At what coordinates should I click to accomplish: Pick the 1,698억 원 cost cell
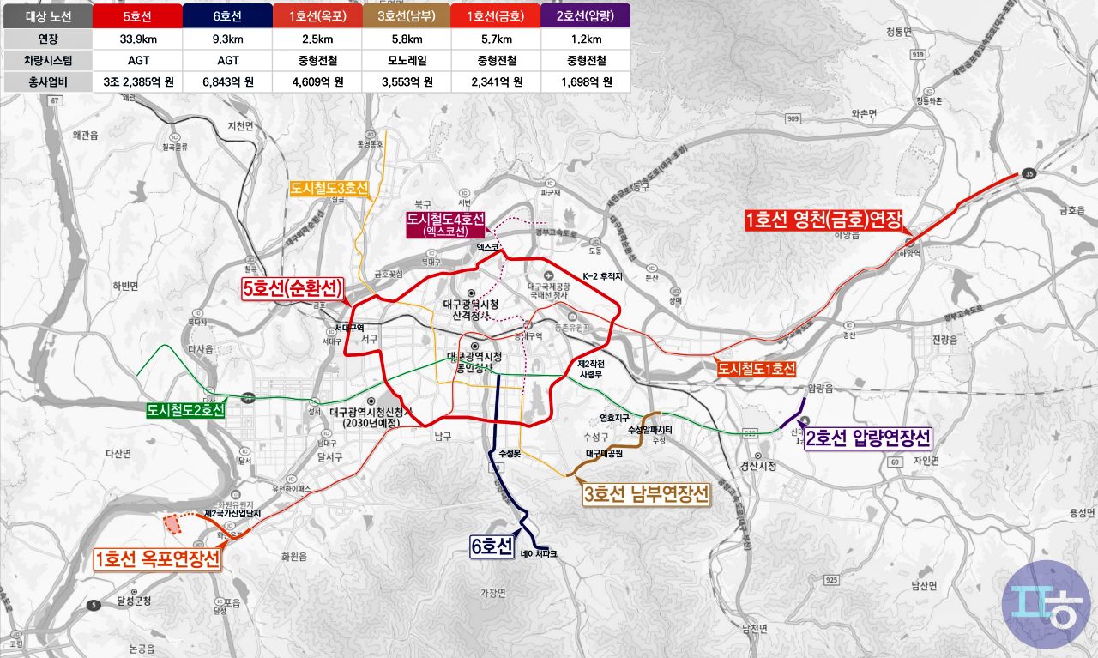[x=586, y=82]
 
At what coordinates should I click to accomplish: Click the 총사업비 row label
[x=47, y=82]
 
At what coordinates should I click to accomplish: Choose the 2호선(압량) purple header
[x=586, y=15]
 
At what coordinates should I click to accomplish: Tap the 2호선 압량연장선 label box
[x=868, y=439]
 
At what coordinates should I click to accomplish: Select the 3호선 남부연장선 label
[x=647, y=495]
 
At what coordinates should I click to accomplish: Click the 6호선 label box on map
[x=492, y=546]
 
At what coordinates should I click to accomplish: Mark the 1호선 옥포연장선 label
[x=157, y=559]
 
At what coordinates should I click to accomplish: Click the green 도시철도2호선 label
[x=185, y=411]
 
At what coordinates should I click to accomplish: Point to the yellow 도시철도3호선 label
[x=329, y=189]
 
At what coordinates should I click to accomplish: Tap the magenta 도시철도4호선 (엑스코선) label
[x=445, y=224]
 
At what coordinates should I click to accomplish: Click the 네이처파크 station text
[x=538, y=554]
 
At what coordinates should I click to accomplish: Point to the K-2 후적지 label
[x=602, y=276]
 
